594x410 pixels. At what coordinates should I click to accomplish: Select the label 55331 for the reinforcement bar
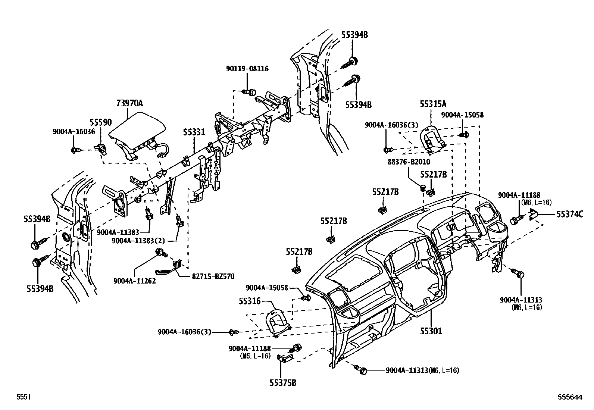point(194,132)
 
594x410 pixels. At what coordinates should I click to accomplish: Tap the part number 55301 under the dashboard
point(431,331)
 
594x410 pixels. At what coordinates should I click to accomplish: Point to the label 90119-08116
point(247,69)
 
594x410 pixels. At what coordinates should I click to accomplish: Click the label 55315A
point(433,104)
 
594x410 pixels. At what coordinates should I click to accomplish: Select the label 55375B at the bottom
point(283,382)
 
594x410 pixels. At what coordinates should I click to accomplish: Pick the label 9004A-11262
point(134,281)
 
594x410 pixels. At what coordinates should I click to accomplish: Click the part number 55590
point(100,122)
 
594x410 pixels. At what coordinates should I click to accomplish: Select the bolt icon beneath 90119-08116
point(250,91)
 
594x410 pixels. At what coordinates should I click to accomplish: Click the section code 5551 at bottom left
point(23,397)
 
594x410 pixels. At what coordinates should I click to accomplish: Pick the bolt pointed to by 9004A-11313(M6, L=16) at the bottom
point(363,370)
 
